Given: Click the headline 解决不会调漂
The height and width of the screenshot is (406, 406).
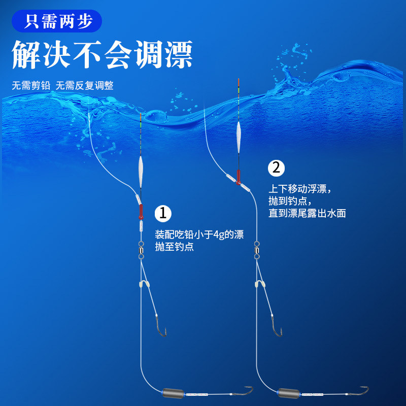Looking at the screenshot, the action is point(102,54).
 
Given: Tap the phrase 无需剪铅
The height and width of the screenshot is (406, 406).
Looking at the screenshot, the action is point(31,85).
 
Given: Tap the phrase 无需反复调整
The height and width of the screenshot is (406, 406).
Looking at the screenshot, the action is point(84,85).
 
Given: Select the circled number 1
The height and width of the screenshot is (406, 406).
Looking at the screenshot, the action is point(162,213).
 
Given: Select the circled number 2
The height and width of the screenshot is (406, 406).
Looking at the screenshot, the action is point(276,167).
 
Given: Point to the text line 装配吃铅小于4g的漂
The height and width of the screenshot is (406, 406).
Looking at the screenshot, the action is point(199,235).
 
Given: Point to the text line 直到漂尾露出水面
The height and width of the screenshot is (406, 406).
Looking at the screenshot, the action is point(307,214).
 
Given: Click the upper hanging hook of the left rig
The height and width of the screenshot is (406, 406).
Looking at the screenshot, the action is point(161,327).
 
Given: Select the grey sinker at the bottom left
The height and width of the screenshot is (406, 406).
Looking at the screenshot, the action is point(170,393).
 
